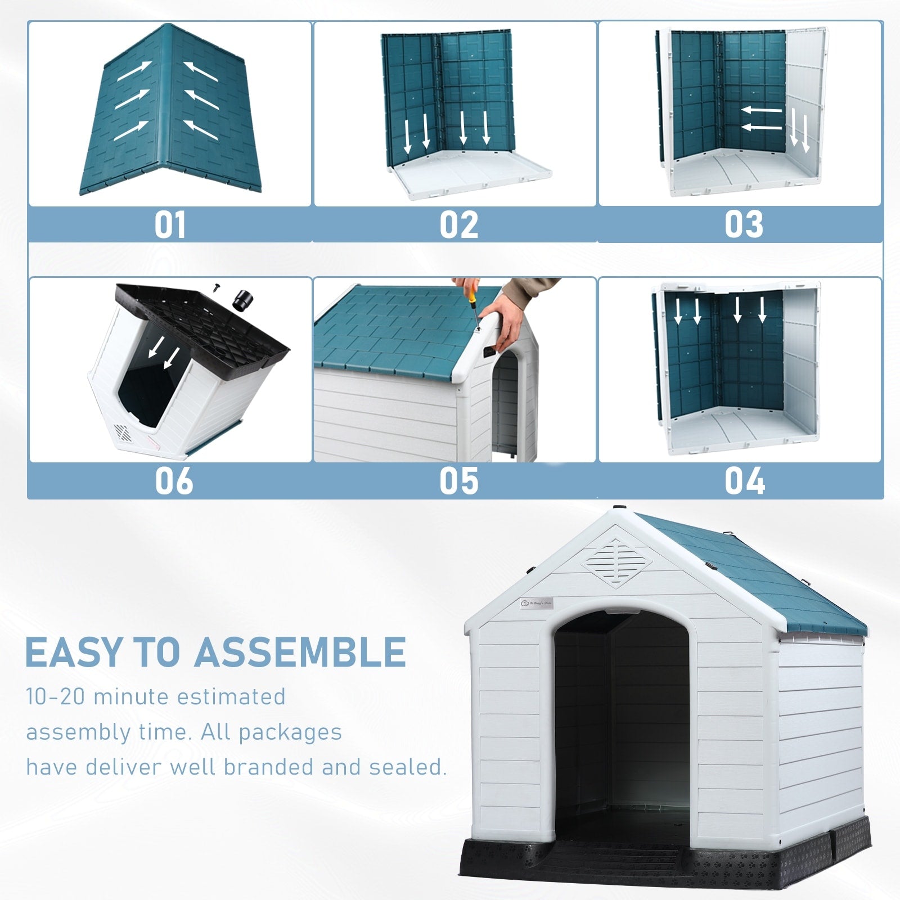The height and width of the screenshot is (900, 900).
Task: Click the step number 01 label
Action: pyautogui.click(x=170, y=225)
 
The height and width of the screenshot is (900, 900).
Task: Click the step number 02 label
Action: pyautogui.click(x=458, y=225)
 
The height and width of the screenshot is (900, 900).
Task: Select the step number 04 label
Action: pyautogui.click(x=744, y=481)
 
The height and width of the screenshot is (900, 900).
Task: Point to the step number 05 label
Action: pyautogui.click(x=458, y=481)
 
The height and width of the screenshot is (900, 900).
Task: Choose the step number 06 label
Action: pyautogui.click(x=174, y=481)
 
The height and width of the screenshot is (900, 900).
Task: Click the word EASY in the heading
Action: pyautogui.click(x=73, y=652)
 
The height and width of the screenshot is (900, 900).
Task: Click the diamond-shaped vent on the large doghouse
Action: pyautogui.click(x=616, y=563)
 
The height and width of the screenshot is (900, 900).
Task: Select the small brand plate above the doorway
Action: pyautogui.click(x=537, y=603)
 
